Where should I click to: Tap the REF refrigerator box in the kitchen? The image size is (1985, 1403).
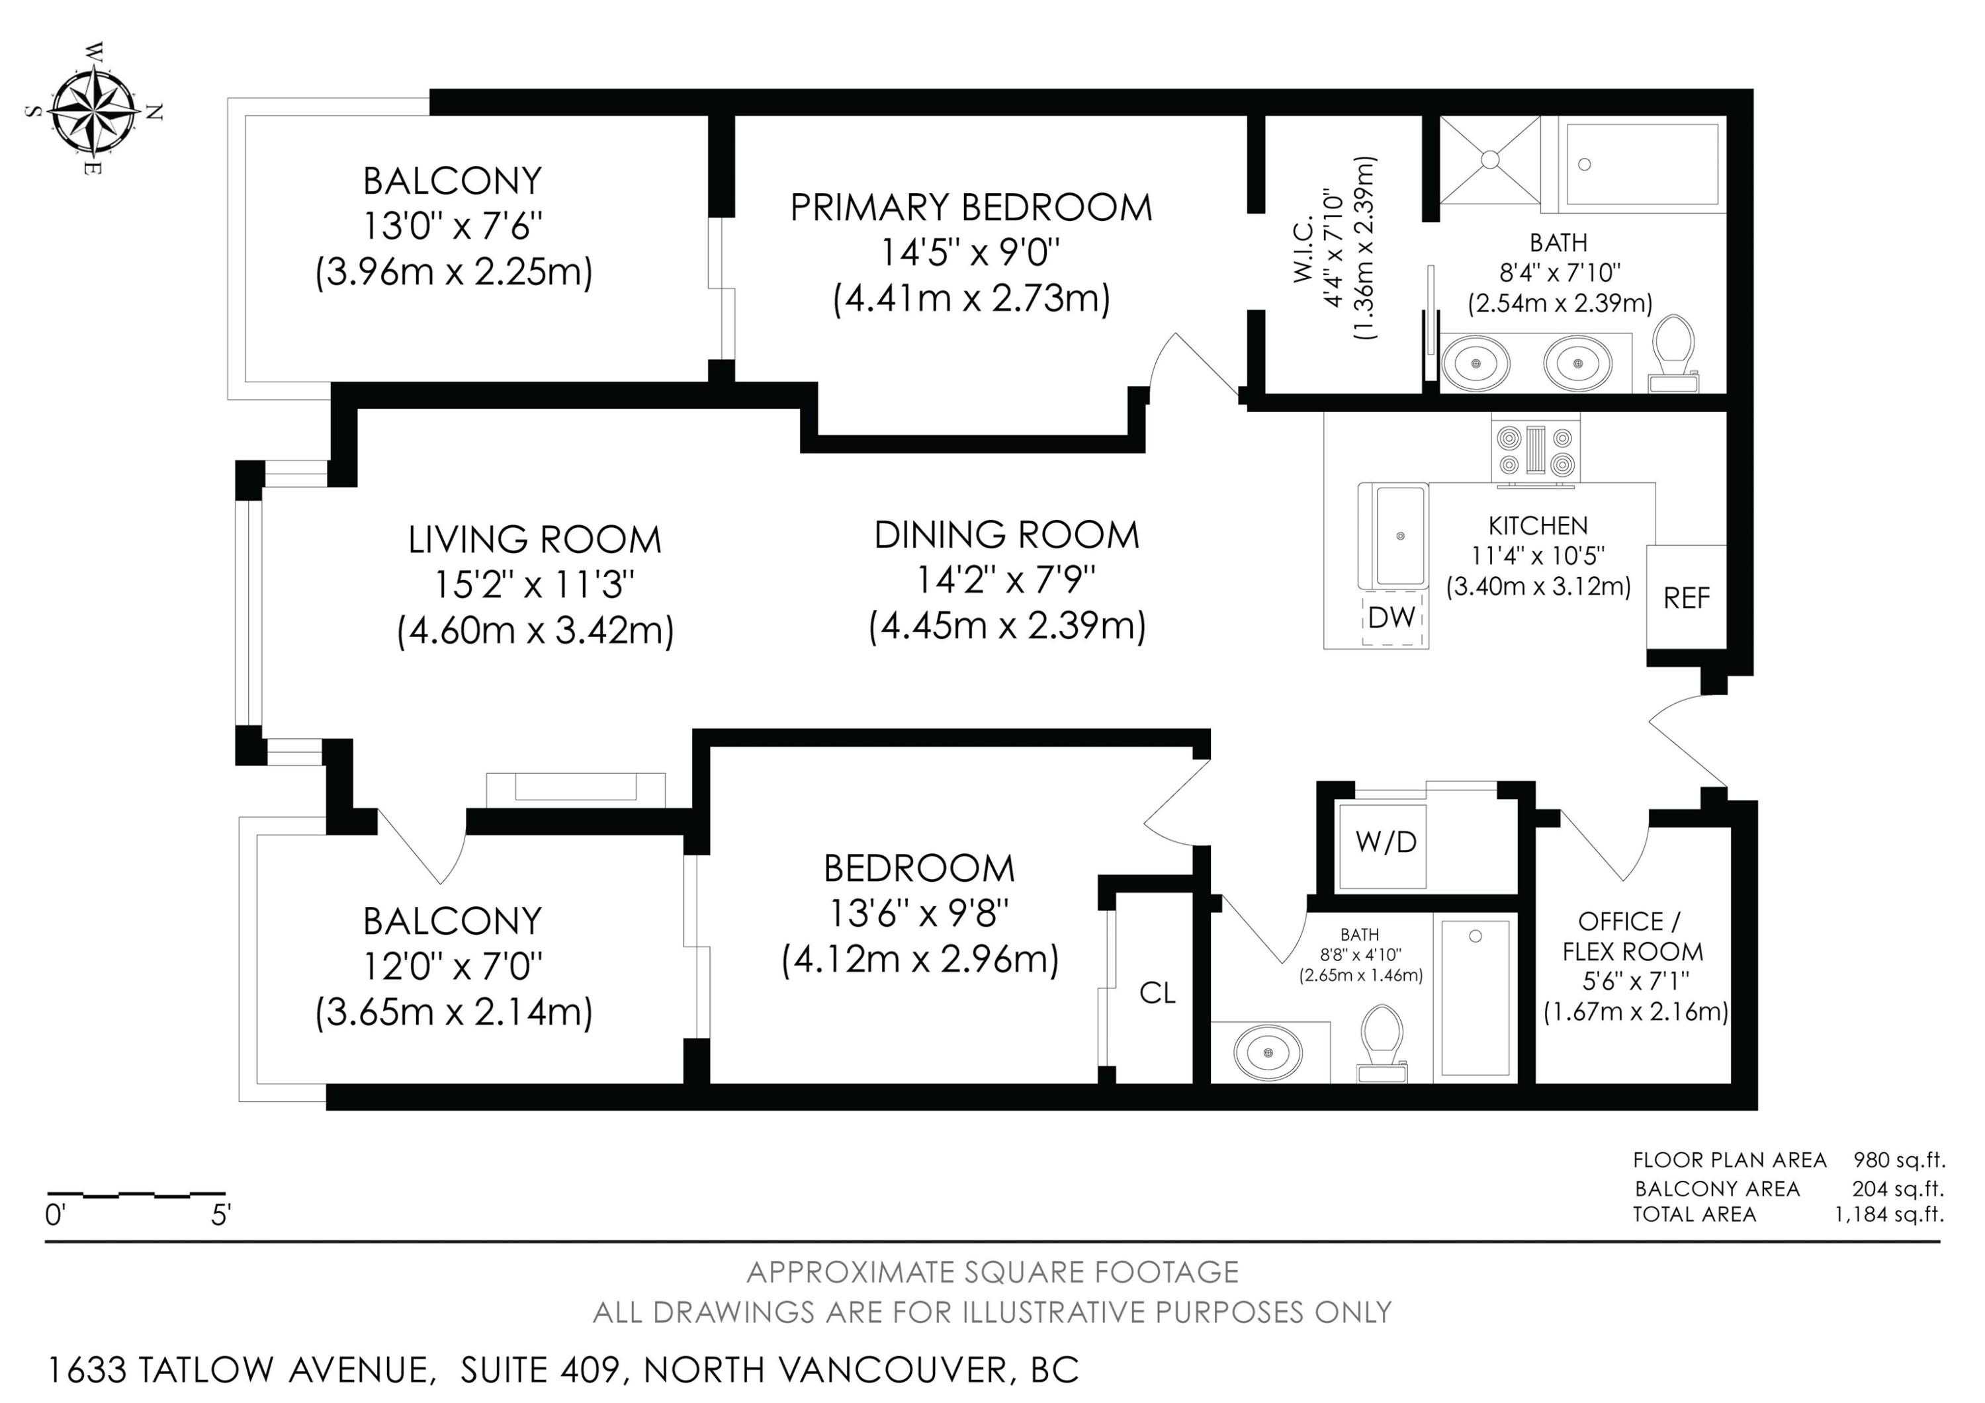(x=1686, y=597)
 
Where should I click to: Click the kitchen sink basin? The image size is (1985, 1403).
(x=1401, y=536)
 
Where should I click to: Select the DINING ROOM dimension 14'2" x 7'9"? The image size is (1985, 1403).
(x=1006, y=580)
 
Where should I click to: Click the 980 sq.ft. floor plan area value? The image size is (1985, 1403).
(x=1898, y=1160)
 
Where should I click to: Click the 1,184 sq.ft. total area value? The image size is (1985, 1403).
(x=1889, y=1214)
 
